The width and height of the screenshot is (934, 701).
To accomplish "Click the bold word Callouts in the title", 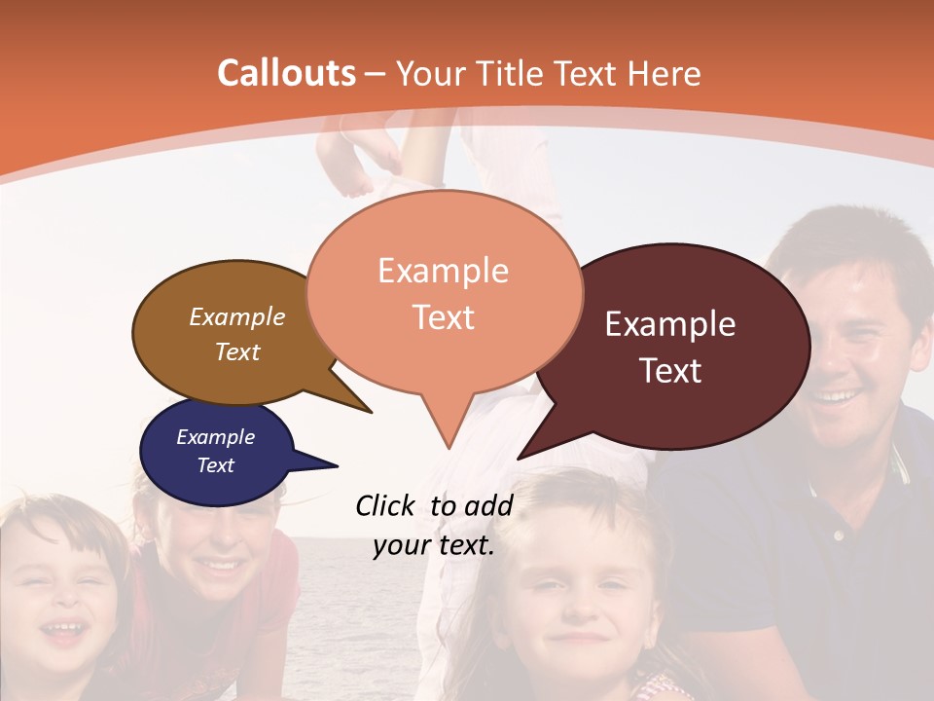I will pyautogui.click(x=286, y=73).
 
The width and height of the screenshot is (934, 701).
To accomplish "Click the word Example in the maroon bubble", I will pyautogui.click(x=670, y=324).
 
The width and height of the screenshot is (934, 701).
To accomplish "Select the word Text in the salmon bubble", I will pyautogui.click(x=444, y=317).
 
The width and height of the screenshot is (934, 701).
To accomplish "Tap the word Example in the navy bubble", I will pyautogui.click(x=215, y=437).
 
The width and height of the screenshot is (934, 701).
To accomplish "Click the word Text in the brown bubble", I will pyautogui.click(x=237, y=351).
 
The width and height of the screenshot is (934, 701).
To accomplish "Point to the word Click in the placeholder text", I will pyautogui.click(x=385, y=505).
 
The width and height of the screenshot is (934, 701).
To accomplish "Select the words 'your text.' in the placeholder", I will pyautogui.click(x=434, y=545).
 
